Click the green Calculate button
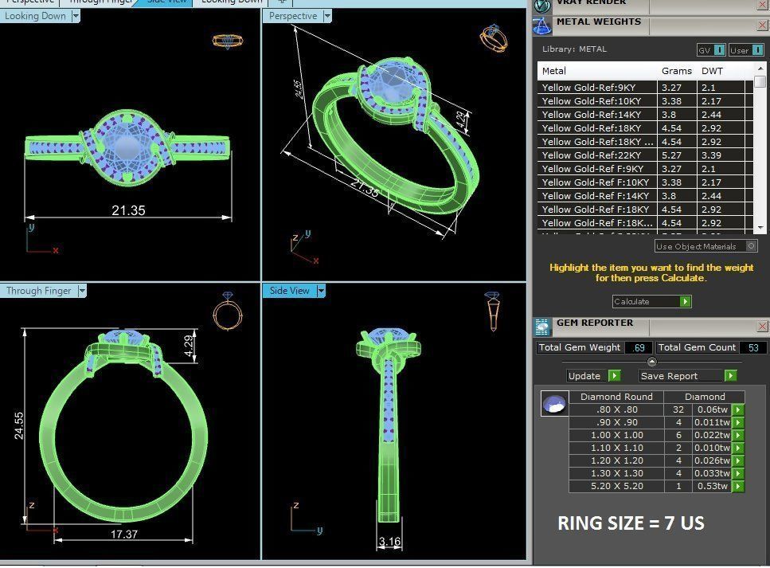pos(685,302)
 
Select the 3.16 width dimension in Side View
pos(389,543)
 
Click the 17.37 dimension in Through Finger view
pos(123,535)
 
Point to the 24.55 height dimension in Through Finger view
pos(19,425)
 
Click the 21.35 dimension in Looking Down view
pos(128,210)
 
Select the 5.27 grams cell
pos(672,155)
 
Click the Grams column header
pos(676,71)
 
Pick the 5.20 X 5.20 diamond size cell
pos(616,486)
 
